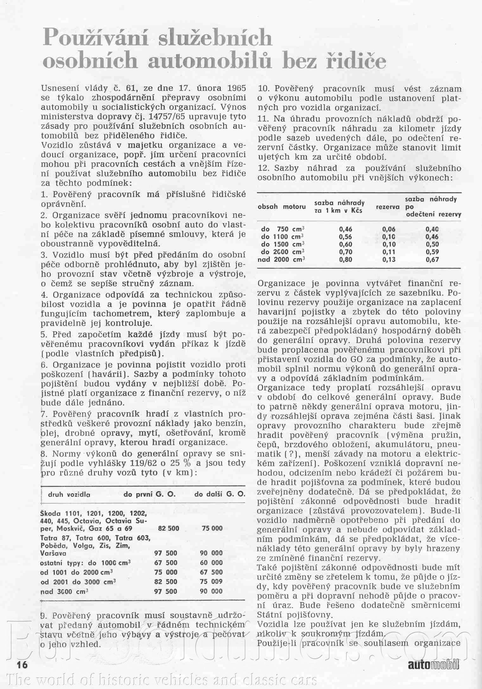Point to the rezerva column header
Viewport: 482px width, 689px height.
[387, 207]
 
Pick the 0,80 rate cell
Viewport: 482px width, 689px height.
[346, 260]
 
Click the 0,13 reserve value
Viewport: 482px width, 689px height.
[389, 260]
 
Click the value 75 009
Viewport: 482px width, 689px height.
[211, 582]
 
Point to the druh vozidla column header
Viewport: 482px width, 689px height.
[69, 494]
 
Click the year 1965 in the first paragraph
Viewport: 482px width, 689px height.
[233, 88]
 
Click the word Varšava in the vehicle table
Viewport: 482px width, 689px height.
[54, 553]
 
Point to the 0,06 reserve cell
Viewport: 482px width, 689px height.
[389, 229]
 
